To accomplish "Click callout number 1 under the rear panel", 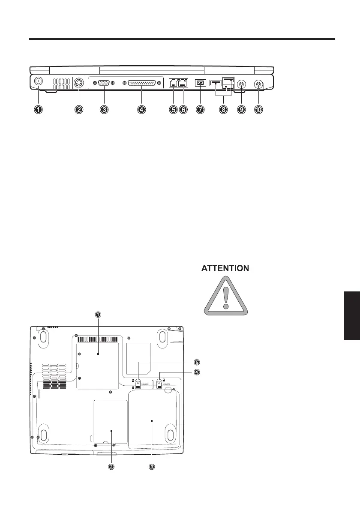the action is pyautogui.click(x=39, y=110).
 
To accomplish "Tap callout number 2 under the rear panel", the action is pyautogui.click(x=79, y=110).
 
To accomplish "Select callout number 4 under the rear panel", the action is pyautogui.click(x=141, y=110).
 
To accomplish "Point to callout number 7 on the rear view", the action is pyautogui.click(x=200, y=110).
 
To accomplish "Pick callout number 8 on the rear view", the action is pyautogui.click(x=223, y=110).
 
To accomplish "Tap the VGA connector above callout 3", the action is pyautogui.click(x=104, y=83).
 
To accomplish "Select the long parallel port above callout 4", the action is pyautogui.click(x=141, y=83).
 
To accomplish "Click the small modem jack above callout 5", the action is pyautogui.click(x=173, y=83).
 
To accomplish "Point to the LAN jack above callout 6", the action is pyautogui.click(x=183, y=83).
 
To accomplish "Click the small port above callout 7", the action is pyautogui.click(x=200, y=83).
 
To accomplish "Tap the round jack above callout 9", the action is pyautogui.click(x=242, y=84).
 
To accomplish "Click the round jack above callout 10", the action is pyautogui.click(x=258, y=84).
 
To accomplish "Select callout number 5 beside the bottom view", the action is pyautogui.click(x=196, y=361).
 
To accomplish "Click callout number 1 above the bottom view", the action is pyautogui.click(x=98, y=315).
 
